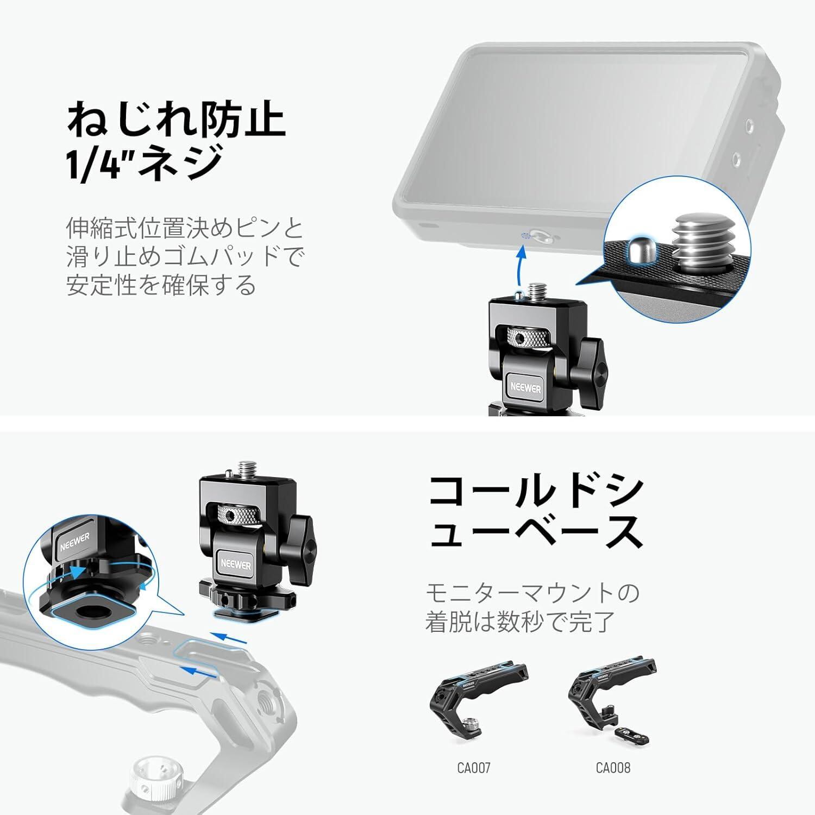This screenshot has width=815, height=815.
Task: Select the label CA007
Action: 473,768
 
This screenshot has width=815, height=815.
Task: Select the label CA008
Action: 613,768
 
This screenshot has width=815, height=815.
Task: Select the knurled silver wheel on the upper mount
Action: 528,338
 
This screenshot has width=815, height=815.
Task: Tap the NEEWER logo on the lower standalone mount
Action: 236,565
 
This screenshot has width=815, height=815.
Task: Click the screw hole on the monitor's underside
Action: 539,236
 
